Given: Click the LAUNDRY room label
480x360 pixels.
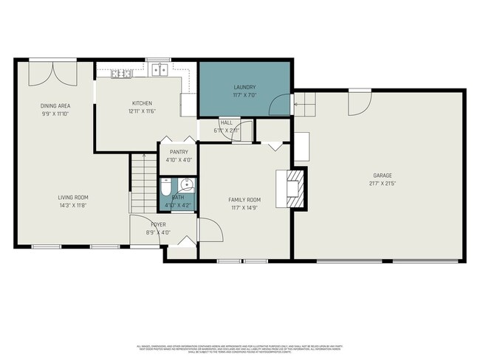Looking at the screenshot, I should [245, 88].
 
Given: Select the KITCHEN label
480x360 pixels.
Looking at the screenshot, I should [142, 103].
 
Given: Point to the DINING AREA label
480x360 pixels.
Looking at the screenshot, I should [54, 106].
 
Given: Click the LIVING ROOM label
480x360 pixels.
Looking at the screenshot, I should [73, 197].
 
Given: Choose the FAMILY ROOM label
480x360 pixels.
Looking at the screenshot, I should [244, 200].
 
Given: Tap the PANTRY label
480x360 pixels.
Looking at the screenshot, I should [179, 152].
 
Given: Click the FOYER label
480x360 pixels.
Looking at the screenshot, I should [158, 224].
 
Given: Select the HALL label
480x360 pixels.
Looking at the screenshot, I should [226, 122].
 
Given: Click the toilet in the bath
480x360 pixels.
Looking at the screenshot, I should [166, 188].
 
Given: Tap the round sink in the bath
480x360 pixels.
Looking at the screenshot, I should [188, 184].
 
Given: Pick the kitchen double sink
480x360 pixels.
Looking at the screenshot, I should [160, 70].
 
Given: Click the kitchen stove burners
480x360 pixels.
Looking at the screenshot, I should [121, 73].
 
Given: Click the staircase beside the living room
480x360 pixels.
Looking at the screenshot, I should [143, 182].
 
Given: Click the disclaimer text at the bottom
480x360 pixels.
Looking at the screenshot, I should [240, 348].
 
